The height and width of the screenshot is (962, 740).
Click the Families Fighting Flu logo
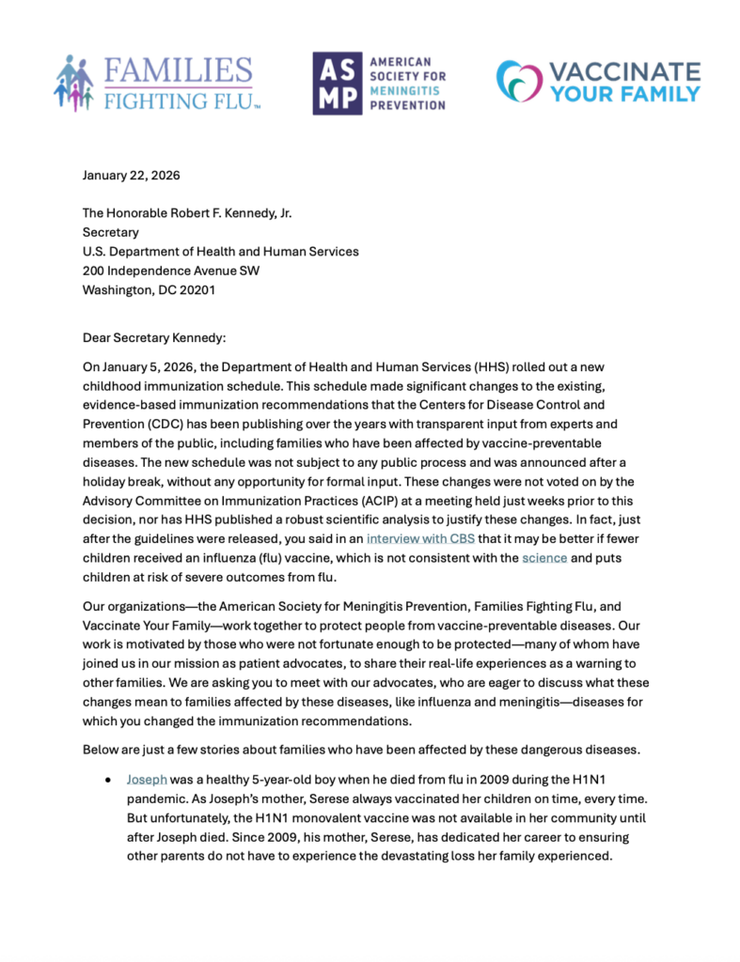pyautogui.click(x=155, y=84)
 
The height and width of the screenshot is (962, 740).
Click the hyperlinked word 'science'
pyautogui.click(x=544, y=558)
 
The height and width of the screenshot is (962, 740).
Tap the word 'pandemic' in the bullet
pyautogui.click(x=157, y=799)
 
